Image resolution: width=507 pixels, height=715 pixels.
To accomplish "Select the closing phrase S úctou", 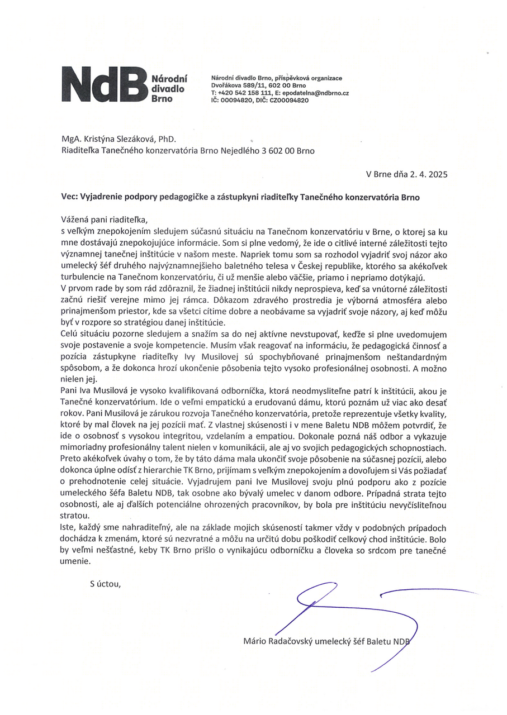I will [x=105, y=584].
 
